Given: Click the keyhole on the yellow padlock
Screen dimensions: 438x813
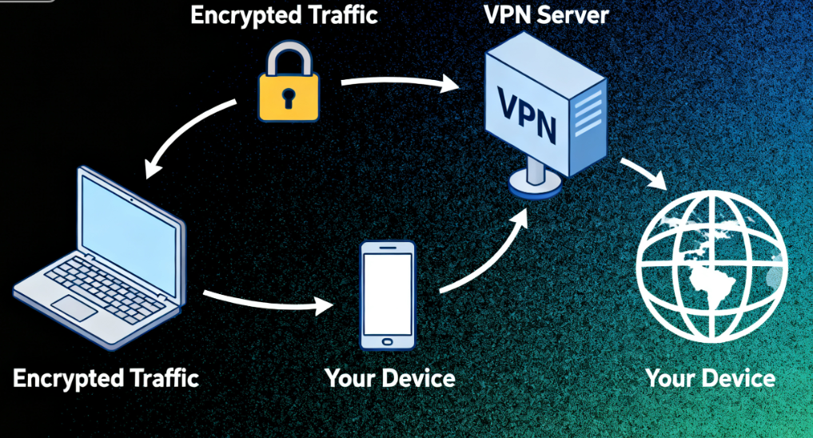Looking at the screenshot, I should click(288, 98).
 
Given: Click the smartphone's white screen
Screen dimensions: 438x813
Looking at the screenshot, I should click(388, 293).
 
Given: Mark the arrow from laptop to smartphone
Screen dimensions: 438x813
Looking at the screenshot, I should click(269, 305).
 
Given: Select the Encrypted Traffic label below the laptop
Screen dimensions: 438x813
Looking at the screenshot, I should click(106, 377).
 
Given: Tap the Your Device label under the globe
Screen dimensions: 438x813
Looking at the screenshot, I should click(709, 377).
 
